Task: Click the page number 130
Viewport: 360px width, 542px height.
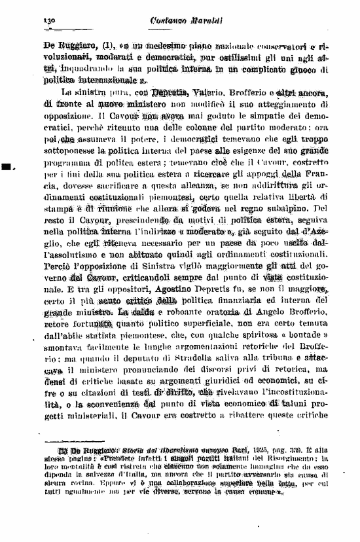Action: point(49,21)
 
